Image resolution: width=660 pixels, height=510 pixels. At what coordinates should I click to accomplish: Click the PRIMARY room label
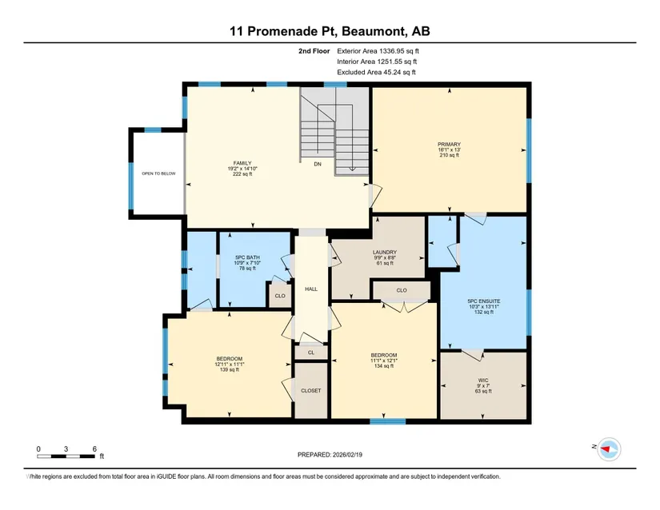point(449,144)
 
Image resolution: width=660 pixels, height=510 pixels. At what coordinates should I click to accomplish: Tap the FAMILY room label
point(242,163)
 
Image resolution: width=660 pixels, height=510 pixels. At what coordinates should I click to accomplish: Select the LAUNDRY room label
point(385,253)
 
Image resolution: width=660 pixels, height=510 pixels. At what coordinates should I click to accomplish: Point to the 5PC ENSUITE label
point(484,301)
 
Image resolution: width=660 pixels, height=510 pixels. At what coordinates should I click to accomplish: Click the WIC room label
point(483,380)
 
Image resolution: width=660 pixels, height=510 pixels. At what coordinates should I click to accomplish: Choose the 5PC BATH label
point(247,257)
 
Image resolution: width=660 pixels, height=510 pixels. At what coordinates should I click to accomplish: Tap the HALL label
point(311,289)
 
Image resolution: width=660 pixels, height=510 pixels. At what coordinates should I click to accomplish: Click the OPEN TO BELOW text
point(158,173)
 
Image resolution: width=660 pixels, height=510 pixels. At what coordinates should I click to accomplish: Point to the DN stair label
point(318,164)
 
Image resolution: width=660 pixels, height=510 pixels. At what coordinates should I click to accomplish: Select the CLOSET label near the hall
point(311,391)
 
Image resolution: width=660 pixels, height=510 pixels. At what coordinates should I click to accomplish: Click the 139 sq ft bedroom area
point(230,370)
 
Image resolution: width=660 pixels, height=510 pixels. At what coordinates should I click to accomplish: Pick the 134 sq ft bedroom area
point(384,366)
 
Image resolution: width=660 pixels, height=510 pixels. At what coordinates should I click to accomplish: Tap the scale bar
point(66,456)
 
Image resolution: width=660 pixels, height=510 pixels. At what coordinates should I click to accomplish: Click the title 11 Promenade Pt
point(284,31)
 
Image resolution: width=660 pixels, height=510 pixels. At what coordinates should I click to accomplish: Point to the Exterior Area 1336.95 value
point(378,51)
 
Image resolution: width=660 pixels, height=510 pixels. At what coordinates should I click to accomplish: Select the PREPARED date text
point(330,455)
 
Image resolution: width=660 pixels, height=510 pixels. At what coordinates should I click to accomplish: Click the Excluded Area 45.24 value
point(376,72)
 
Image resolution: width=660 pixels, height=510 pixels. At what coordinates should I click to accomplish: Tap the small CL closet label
point(311,353)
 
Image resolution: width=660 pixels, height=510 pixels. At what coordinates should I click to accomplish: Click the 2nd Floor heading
point(314,51)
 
